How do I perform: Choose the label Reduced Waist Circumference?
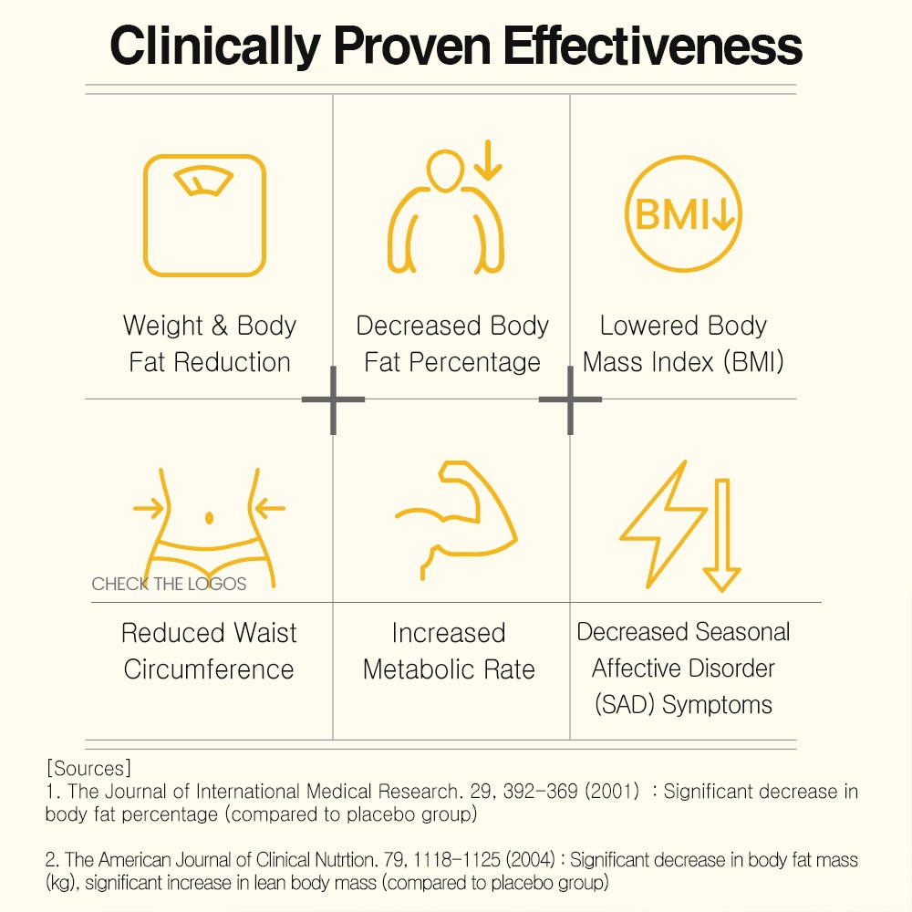click(210, 651)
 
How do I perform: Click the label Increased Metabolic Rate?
click(449, 651)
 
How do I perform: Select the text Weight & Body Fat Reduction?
click(210, 344)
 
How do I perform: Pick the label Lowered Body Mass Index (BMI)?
click(684, 344)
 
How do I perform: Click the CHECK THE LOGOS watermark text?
click(169, 584)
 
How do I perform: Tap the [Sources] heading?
click(88, 767)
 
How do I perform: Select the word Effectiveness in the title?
click(654, 45)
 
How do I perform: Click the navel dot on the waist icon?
click(210, 517)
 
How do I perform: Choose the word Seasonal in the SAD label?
click(746, 632)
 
